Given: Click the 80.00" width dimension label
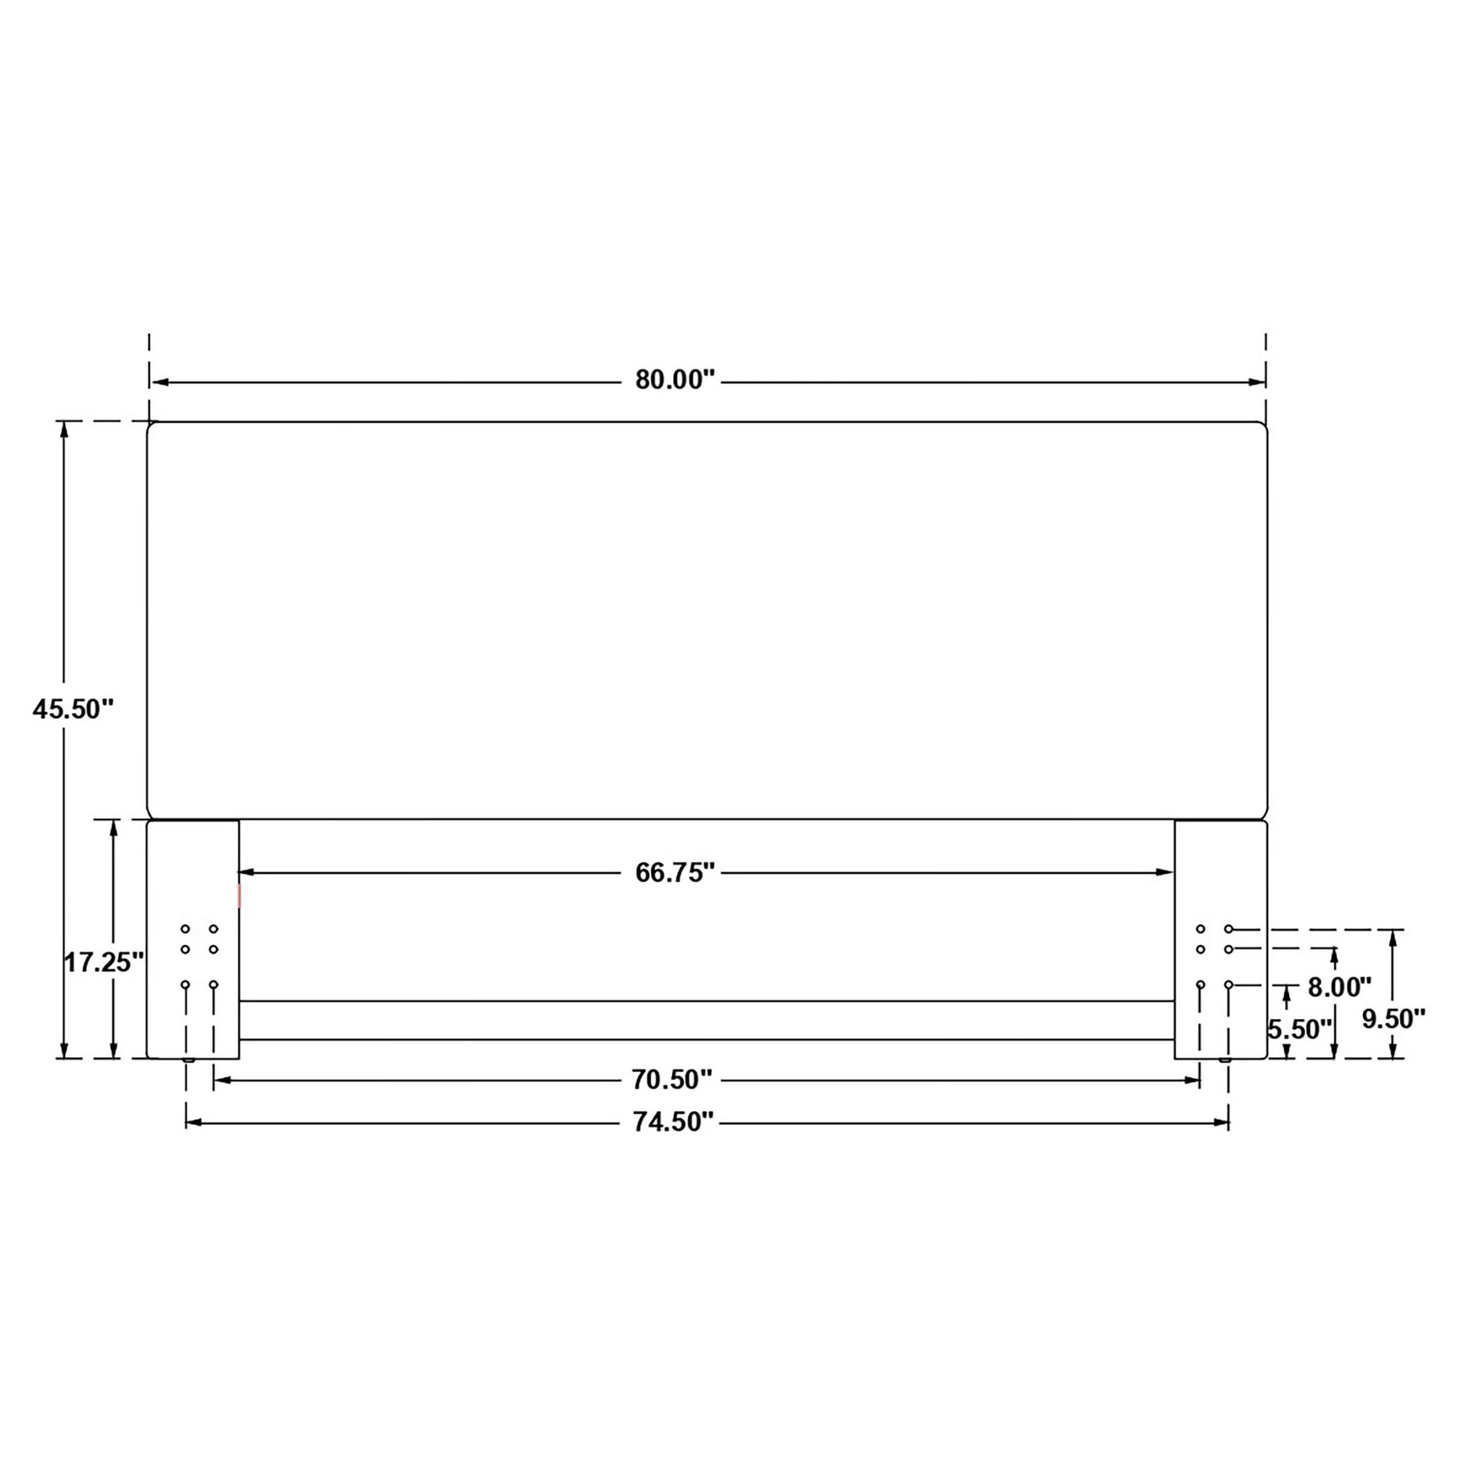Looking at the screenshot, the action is tap(675, 380).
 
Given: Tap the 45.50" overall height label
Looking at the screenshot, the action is tap(73, 709).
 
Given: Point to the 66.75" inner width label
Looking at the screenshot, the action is tap(675, 872).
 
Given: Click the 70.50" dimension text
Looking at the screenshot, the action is tap(671, 1080).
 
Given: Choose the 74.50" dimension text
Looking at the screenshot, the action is tap(674, 1122).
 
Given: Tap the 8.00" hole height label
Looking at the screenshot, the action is tap(1339, 987).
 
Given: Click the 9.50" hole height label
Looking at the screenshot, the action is tap(1393, 1019).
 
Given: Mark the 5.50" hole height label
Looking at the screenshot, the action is tap(1300, 1029).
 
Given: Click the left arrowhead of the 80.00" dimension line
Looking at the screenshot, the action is tap(159, 382).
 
